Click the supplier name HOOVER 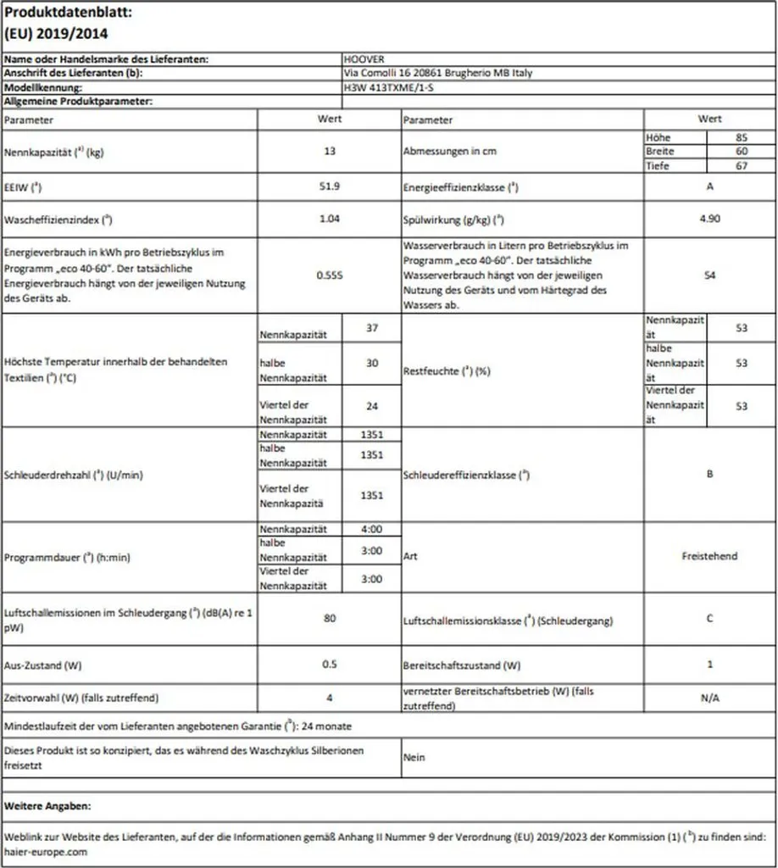(x=364, y=60)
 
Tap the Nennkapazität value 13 (x=330, y=152)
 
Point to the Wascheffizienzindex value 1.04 (x=330, y=219)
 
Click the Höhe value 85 (x=742, y=137)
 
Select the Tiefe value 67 (x=742, y=165)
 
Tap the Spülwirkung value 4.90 (x=709, y=219)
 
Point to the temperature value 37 (x=371, y=328)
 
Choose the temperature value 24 (x=371, y=406)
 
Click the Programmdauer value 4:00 (x=371, y=529)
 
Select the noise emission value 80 (x=330, y=619)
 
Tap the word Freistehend (x=709, y=556)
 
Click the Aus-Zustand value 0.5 (x=330, y=664)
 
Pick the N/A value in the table (x=709, y=698)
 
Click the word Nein (x=414, y=757)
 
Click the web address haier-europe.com (x=46, y=851)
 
